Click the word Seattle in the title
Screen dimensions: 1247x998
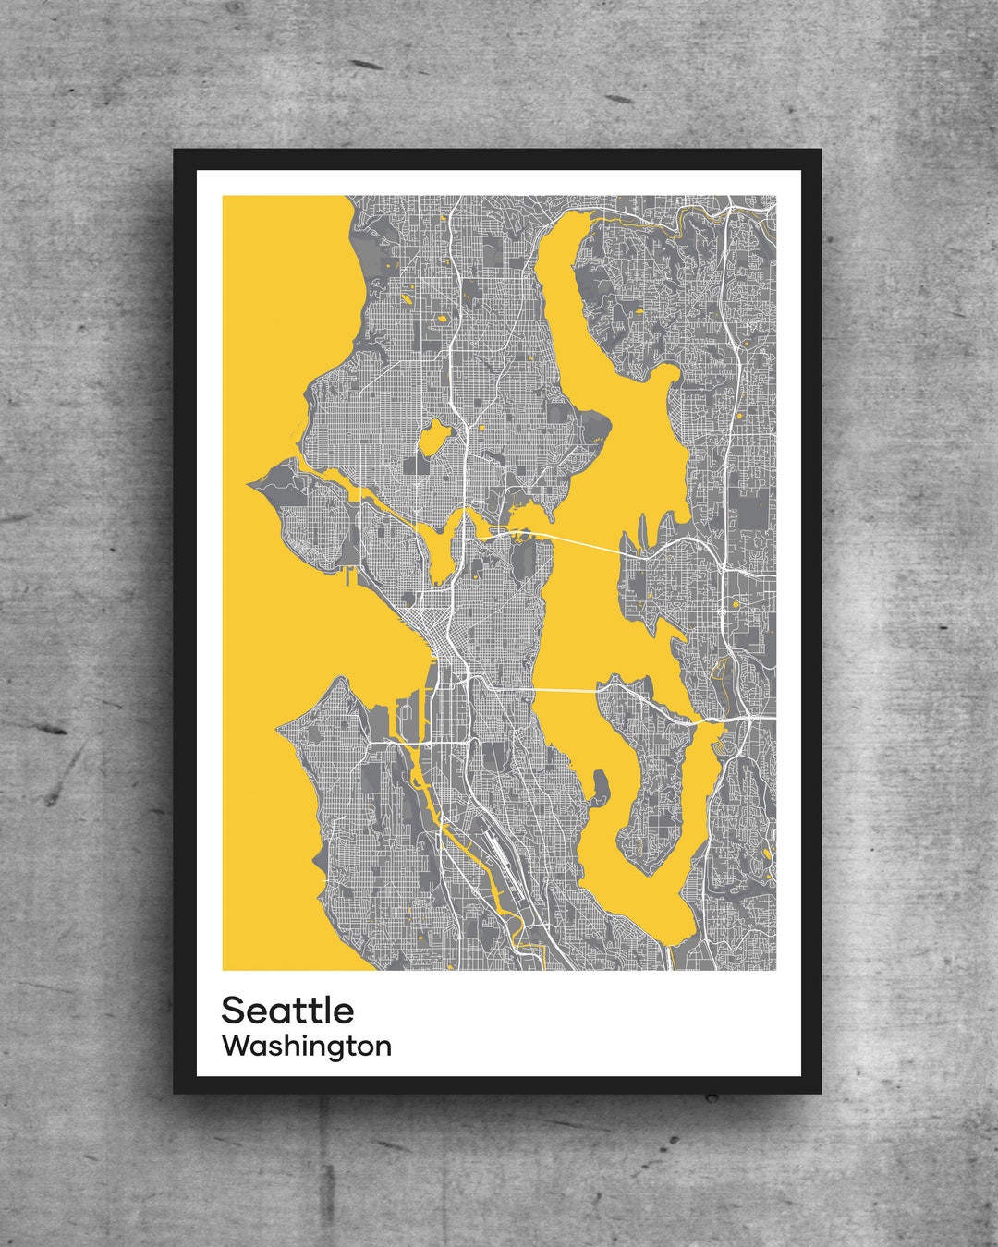point(287,1011)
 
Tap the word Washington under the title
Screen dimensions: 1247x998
point(307,1047)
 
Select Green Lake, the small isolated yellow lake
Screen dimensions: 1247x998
point(432,436)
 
